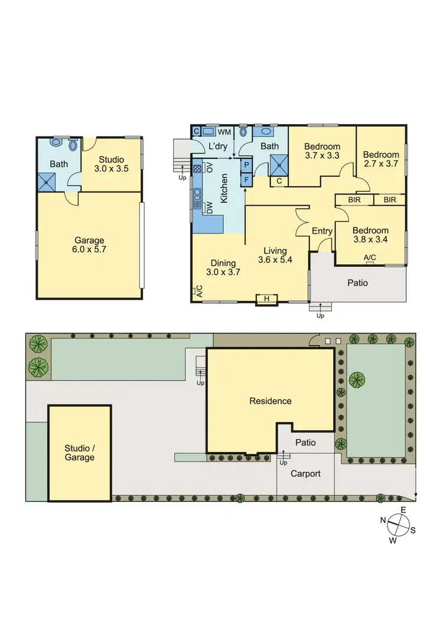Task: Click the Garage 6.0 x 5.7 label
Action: [x=89, y=245]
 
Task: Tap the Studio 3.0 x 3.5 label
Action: [x=111, y=164]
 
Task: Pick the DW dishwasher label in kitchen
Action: [x=209, y=207]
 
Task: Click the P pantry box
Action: [x=246, y=165]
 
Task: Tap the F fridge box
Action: [x=246, y=178]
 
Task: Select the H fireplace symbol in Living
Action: [x=266, y=299]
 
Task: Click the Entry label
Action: [x=322, y=231]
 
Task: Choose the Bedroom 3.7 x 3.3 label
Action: [x=322, y=151]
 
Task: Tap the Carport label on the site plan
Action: [x=305, y=473]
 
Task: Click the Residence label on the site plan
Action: [x=271, y=401]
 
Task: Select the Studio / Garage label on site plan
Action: [x=79, y=452]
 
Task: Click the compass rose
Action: [x=400, y=522]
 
